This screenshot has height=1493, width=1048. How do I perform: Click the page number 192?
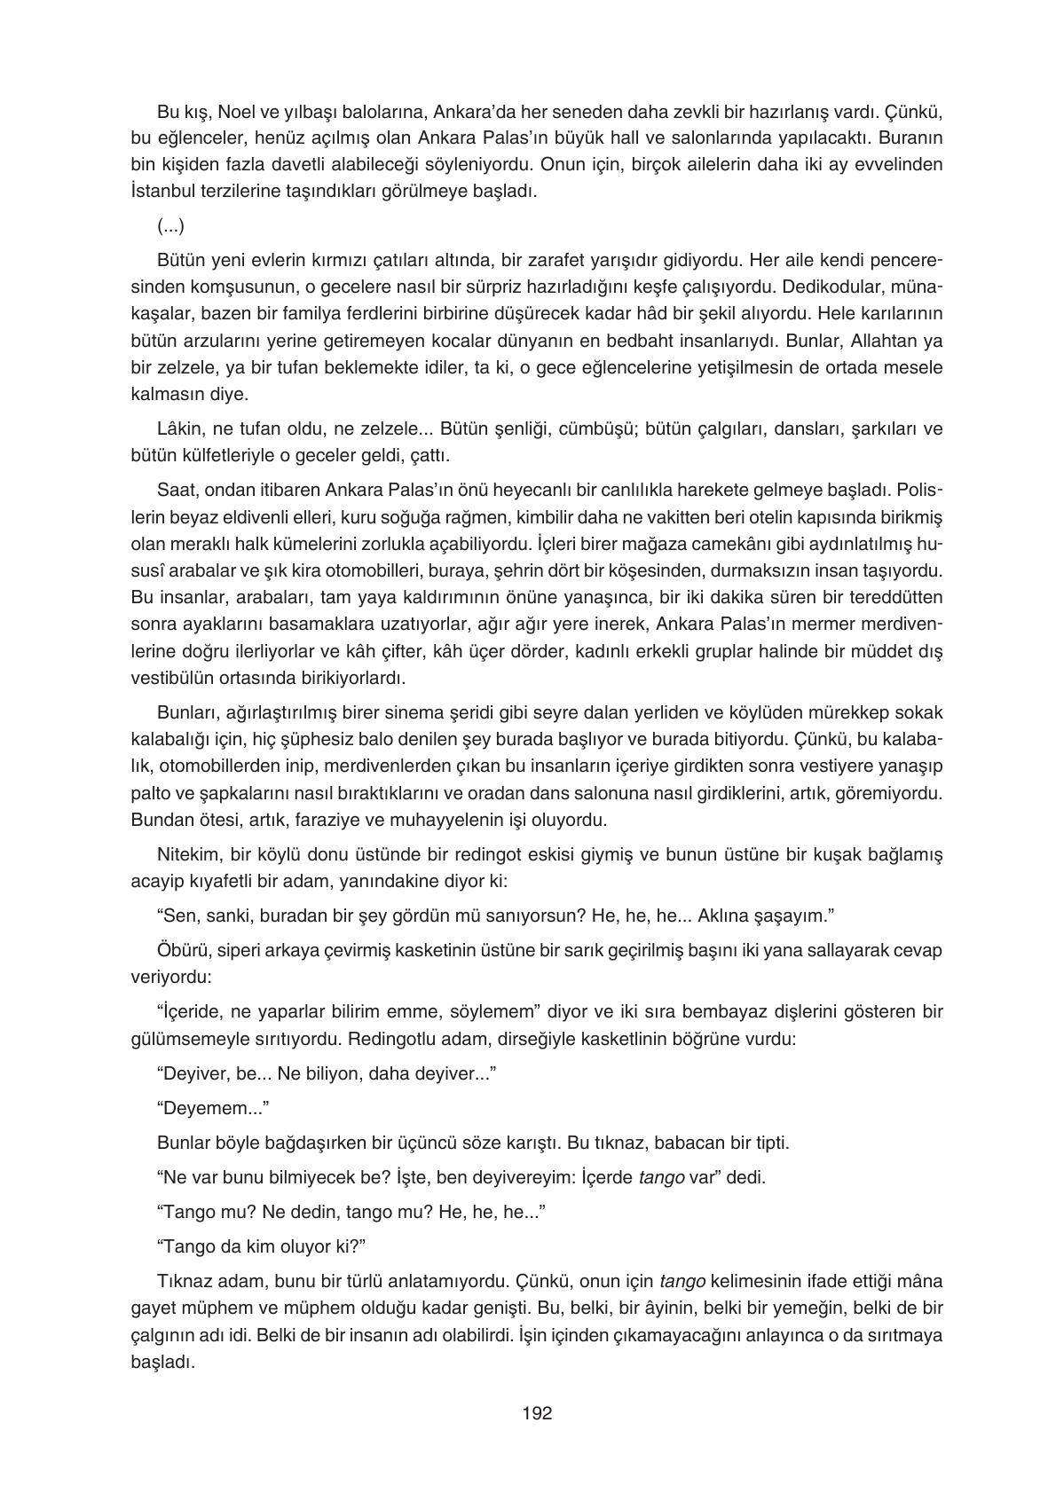click(x=537, y=1413)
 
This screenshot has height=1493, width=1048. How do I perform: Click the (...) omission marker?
click(x=170, y=226)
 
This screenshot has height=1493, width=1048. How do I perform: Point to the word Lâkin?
click(x=177, y=429)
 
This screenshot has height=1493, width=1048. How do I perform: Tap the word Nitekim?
click(x=185, y=853)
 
